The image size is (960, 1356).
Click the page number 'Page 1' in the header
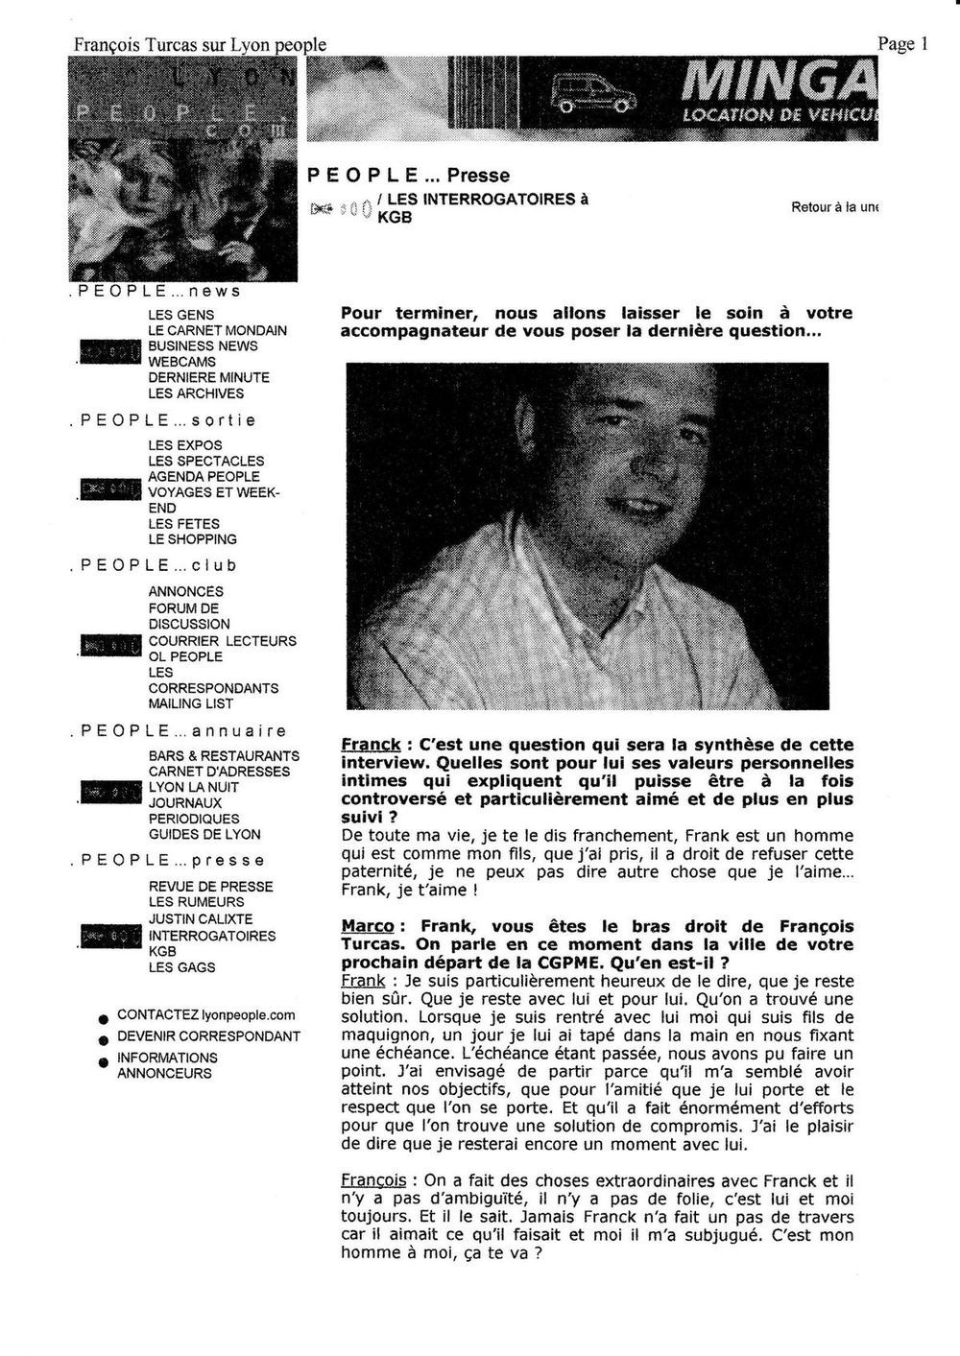902,43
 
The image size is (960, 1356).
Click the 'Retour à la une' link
834,207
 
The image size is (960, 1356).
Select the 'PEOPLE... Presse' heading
408,176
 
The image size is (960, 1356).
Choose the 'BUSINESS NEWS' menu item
203,345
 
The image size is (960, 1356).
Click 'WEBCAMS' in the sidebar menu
181,362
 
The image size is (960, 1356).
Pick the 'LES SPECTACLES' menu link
205,461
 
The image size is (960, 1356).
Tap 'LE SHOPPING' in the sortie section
192,539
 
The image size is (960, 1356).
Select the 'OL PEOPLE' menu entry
185,656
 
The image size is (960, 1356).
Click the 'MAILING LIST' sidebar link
189,703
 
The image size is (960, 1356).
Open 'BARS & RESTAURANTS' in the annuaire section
224,756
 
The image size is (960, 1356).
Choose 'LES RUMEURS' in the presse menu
196,902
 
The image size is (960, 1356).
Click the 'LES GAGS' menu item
181,967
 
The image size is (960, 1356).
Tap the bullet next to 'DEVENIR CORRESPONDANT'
102,1039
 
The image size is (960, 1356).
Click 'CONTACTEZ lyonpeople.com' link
205,1014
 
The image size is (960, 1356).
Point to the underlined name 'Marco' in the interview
367,926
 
